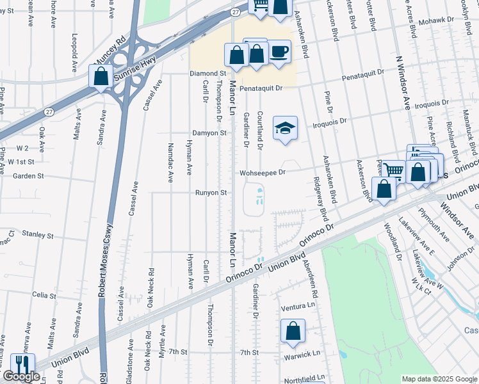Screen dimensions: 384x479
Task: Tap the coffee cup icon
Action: tap(279, 52)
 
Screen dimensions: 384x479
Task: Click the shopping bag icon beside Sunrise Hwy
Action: tap(101, 77)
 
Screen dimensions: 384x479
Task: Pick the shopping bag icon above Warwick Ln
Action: tap(293, 331)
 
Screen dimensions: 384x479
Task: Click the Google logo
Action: tap(21, 376)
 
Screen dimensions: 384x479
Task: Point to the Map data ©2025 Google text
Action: tap(439, 379)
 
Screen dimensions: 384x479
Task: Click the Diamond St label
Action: tap(208, 74)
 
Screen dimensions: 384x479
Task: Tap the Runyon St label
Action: tap(211, 192)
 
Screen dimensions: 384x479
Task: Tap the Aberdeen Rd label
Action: tap(314, 282)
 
